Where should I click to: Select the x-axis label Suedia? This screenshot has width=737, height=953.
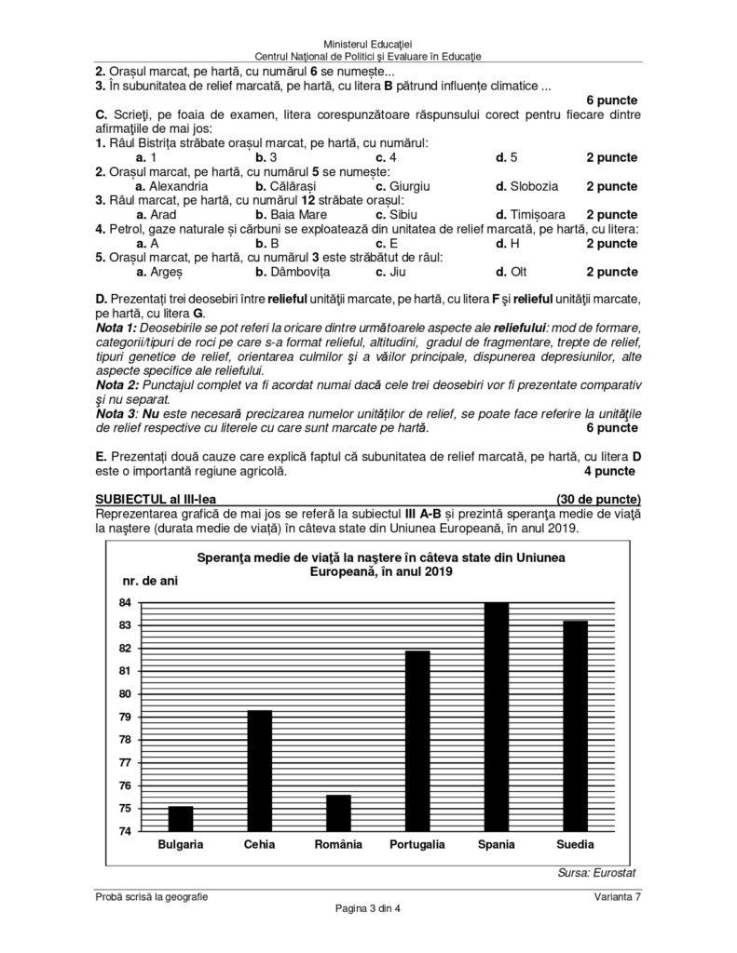(x=574, y=845)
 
